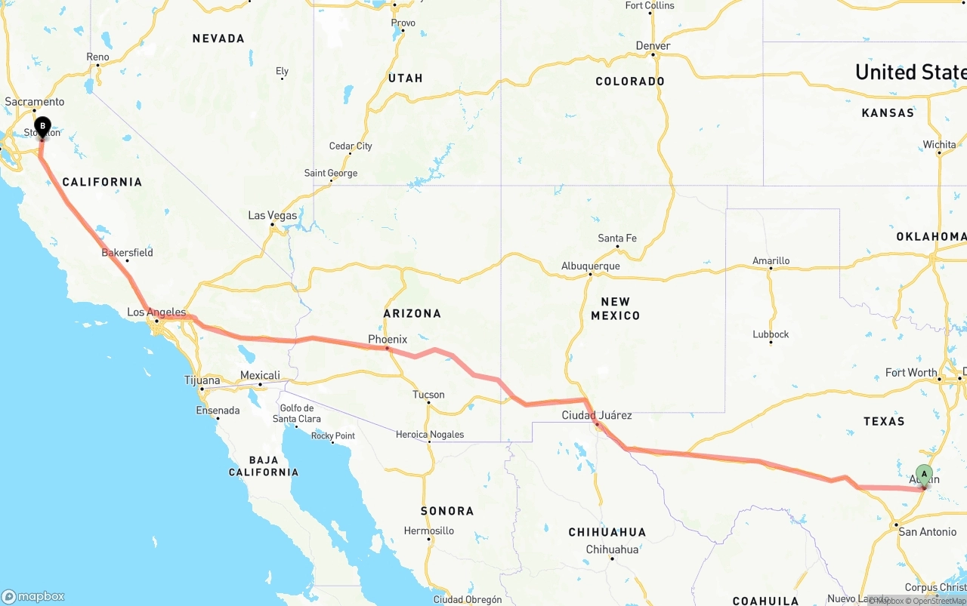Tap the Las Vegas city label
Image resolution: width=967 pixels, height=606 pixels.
tap(273, 215)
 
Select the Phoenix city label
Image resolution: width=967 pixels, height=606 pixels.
tap(388, 340)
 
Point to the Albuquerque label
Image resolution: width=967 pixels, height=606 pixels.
tap(590, 266)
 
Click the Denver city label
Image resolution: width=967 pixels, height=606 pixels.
tap(653, 46)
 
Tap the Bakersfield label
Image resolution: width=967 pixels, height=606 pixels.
tap(127, 252)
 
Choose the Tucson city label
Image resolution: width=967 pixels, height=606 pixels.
tap(428, 395)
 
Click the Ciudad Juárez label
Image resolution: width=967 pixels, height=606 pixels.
tap(597, 415)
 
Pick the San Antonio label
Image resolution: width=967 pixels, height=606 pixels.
tap(927, 532)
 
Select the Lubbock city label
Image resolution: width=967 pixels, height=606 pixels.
tap(771, 334)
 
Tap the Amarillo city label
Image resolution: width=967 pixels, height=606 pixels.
tap(771, 261)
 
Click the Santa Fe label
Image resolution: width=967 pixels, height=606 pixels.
tap(617, 238)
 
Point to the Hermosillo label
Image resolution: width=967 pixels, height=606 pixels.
tap(428, 531)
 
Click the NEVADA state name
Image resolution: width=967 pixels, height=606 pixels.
tap(218, 38)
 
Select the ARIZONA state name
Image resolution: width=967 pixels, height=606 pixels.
tap(412, 313)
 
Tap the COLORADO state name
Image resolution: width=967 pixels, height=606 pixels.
tap(630, 81)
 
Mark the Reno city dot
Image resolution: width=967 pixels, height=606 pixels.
tap(97, 66)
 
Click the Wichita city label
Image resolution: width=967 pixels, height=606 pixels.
tap(939, 144)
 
